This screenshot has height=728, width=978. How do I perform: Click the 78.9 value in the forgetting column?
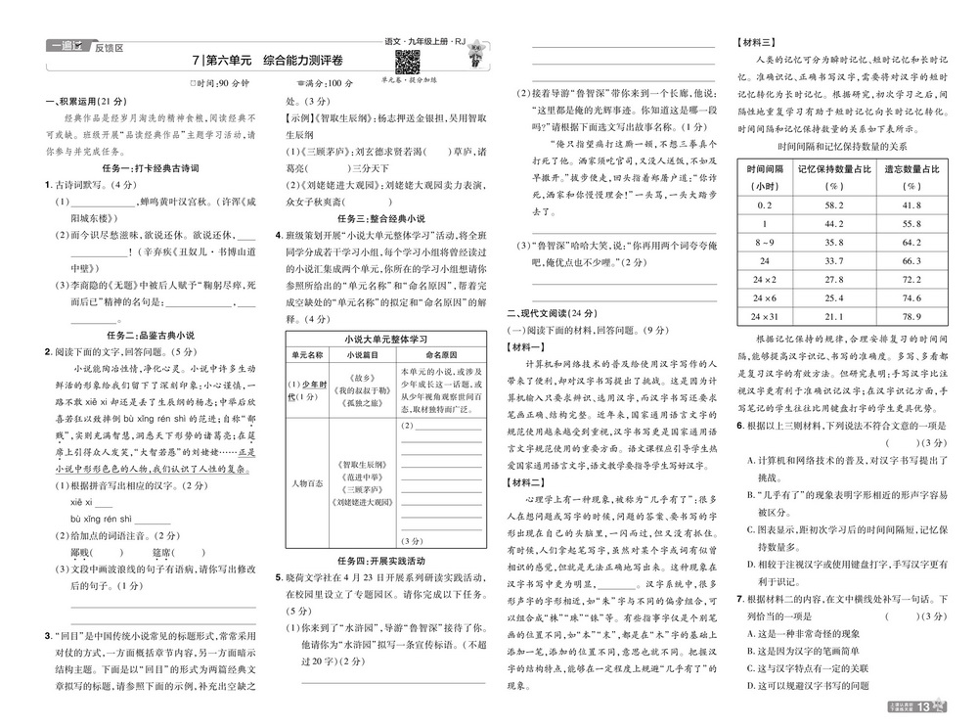click(911, 316)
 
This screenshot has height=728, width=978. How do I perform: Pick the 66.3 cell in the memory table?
click(911, 260)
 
